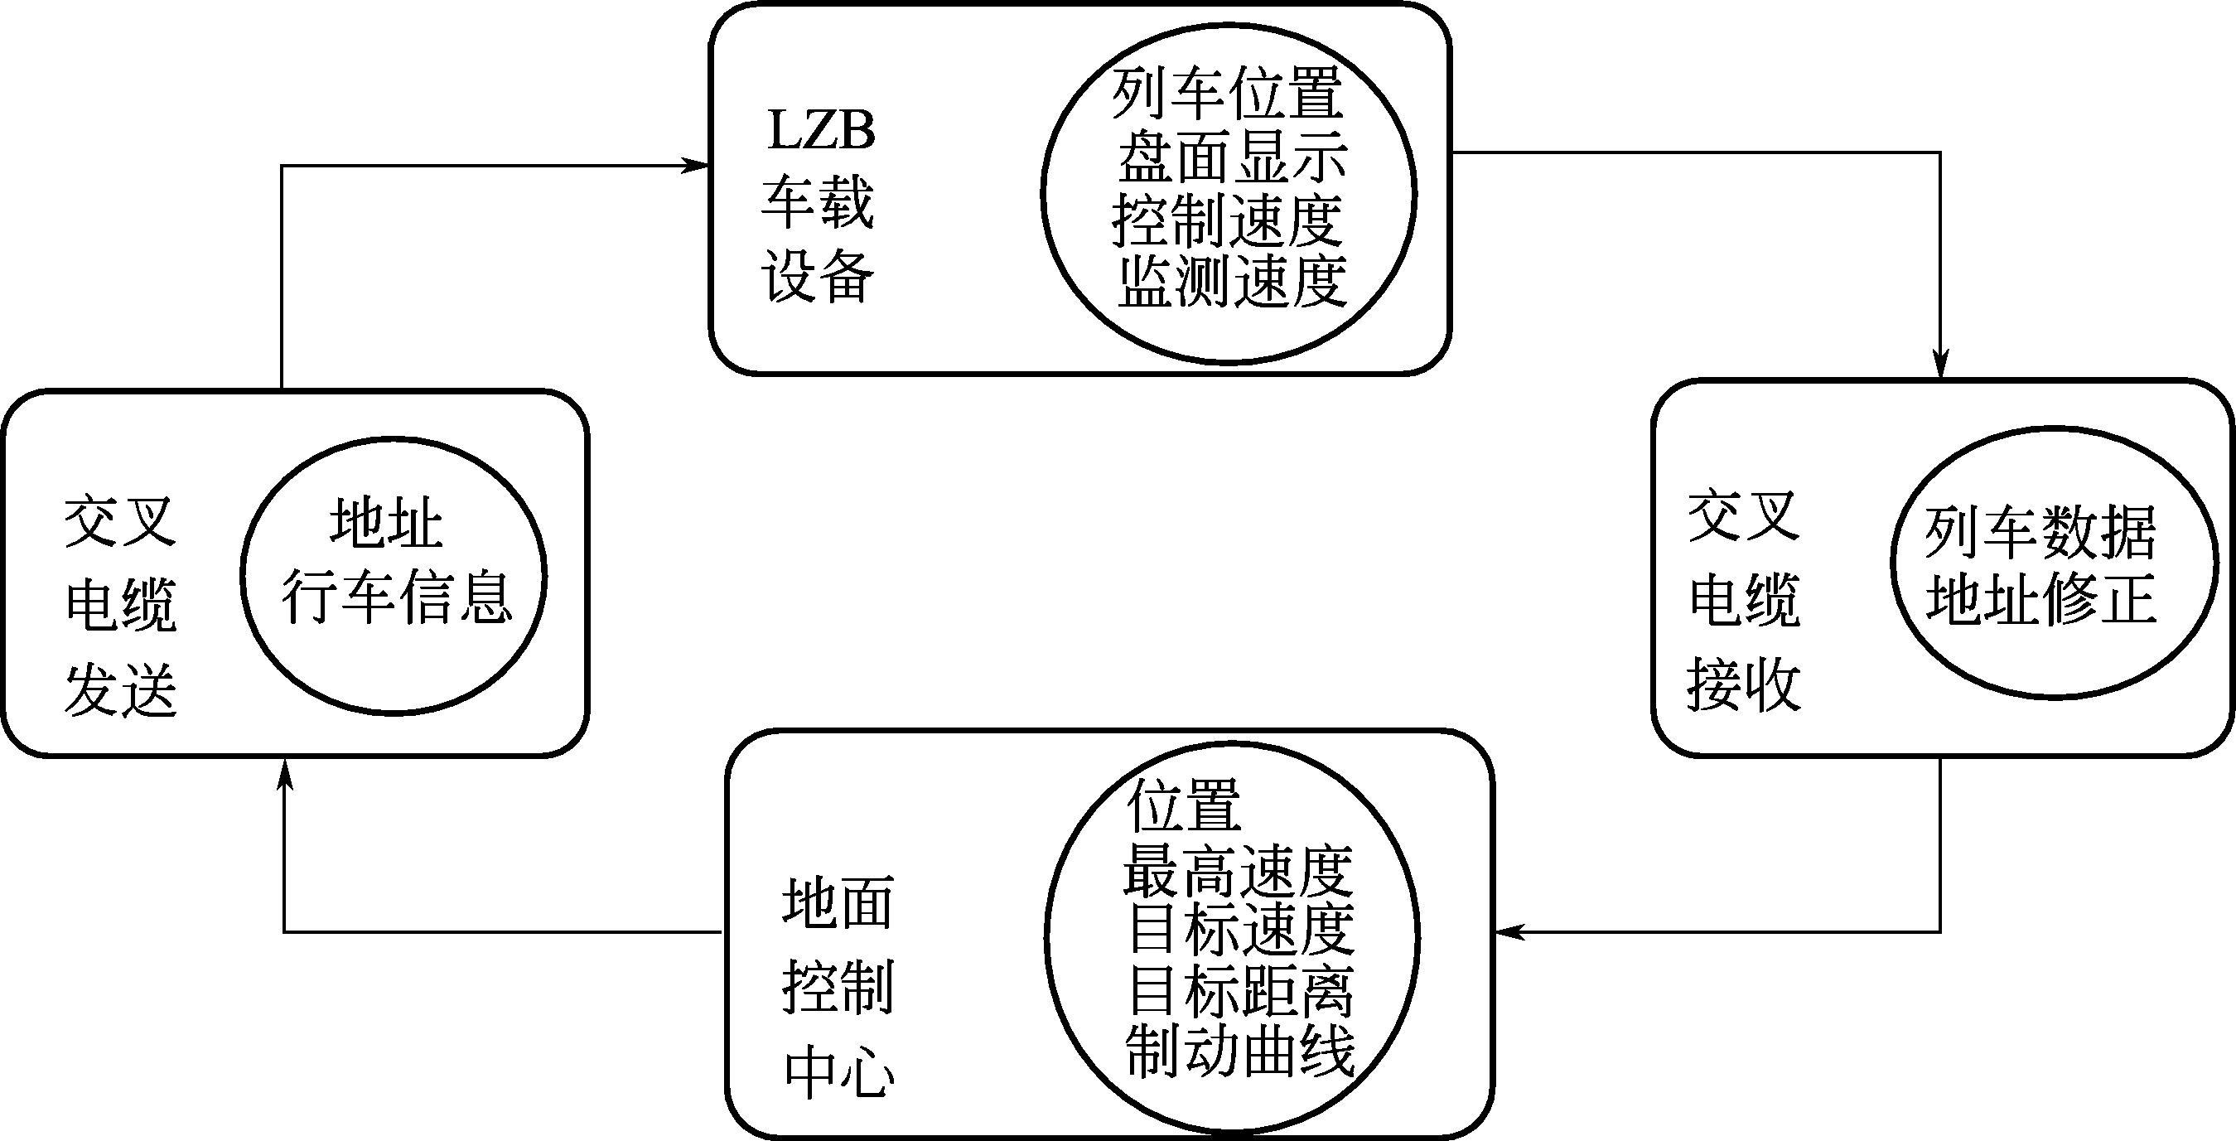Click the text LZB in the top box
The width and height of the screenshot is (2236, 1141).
pyautogui.click(x=821, y=130)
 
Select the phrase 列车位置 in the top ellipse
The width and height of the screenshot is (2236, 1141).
pyautogui.click(x=1228, y=94)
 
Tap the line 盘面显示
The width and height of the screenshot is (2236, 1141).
pyautogui.click(x=1233, y=158)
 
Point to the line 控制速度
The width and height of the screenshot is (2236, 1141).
pyautogui.click(x=1228, y=220)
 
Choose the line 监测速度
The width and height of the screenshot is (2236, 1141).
pyautogui.click(x=1233, y=283)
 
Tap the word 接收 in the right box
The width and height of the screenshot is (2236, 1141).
pyautogui.click(x=1744, y=685)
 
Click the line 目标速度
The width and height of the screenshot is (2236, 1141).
pyautogui.click(x=1241, y=930)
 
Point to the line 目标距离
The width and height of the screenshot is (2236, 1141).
pyautogui.click(x=1241, y=992)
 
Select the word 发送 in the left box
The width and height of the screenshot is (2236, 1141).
pyautogui.click(x=122, y=689)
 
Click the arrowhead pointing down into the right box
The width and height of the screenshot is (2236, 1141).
pyautogui.click(x=1941, y=365)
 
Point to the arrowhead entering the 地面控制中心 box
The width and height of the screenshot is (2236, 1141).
pyautogui.click(x=1509, y=931)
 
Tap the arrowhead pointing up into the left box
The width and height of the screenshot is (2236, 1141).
pyautogui.click(x=285, y=775)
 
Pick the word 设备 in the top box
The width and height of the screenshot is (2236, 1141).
pyautogui.click(x=818, y=278)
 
